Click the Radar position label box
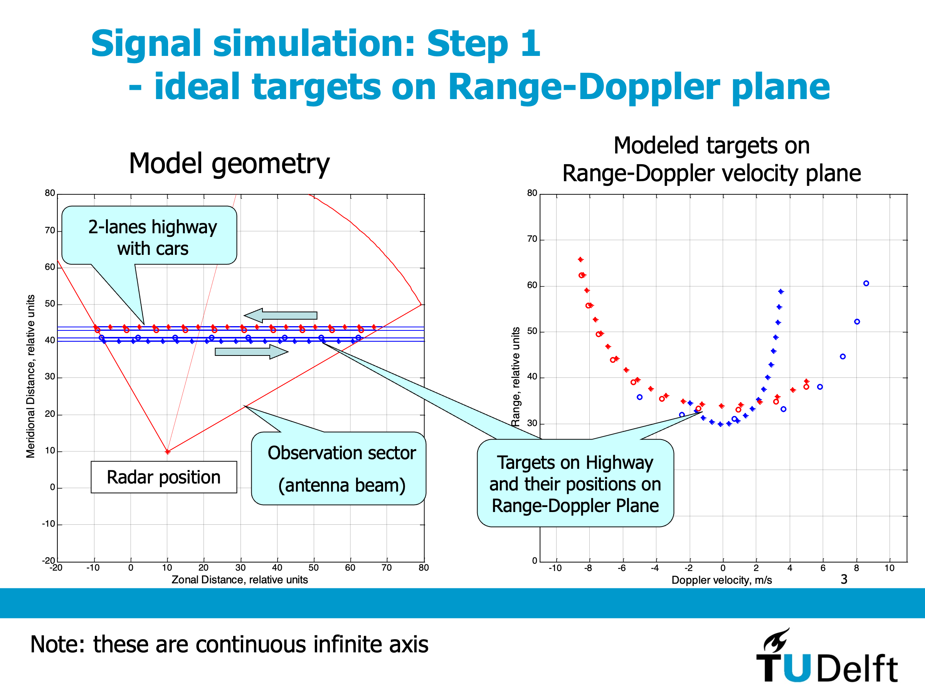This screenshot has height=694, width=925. tap(163, 477)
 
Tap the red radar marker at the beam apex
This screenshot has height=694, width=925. tap(167, 452)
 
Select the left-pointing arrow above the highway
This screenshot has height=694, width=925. tap(281, 315)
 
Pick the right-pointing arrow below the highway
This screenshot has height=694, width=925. tap(251, 352)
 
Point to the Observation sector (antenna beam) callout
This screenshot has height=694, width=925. tap(341, 468)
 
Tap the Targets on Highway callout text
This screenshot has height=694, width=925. tap(575, 483)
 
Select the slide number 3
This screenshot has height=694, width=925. tap(844, 579)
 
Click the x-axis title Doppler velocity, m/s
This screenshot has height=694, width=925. tap(721, 580)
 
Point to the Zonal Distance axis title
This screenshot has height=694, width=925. tap(240, 579)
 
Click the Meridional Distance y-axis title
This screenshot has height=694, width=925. tap(30, 376)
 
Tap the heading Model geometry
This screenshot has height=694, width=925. tap(229, 163)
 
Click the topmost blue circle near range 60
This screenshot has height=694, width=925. tap(866, 283)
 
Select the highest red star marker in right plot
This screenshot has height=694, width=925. tap(580, 259)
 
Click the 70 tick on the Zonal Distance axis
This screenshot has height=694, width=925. tap(387, 568)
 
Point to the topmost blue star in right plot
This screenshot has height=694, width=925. tap(781, 291)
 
